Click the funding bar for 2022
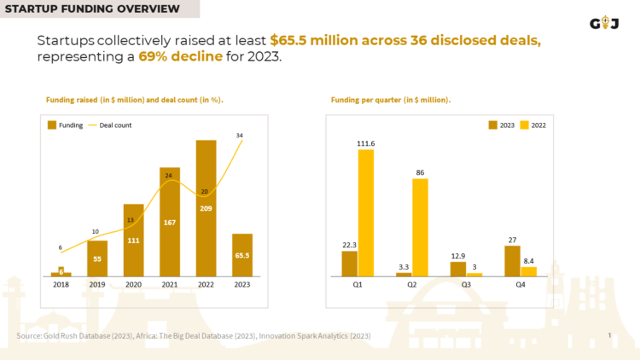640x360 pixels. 206,208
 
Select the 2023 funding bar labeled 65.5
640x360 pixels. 242,255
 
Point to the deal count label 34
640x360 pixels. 239,135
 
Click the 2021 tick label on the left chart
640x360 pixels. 170,286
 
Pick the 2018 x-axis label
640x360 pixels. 61,286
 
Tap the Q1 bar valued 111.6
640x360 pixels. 366,212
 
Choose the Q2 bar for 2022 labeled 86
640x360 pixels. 420,227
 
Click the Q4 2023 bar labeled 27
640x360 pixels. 512,261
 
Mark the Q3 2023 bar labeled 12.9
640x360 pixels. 458,269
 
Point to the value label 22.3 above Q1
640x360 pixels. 349,244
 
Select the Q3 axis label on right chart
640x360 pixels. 466,286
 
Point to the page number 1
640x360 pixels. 609,335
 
